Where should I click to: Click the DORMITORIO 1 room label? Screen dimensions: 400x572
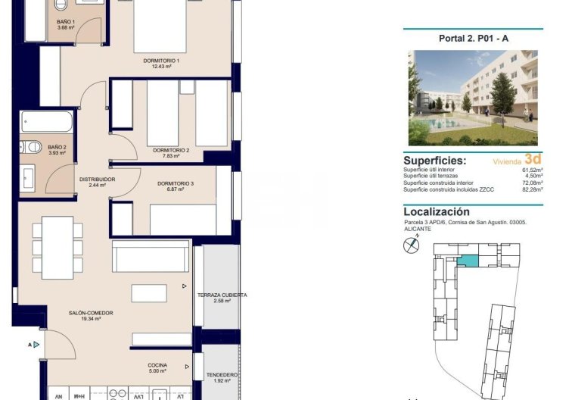(161, 60)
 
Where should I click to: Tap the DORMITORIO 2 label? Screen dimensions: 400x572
(171, 150)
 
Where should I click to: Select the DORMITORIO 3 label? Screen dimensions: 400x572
(176, 183)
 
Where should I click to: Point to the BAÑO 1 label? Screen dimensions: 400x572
(66, 22)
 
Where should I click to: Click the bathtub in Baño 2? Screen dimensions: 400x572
(48, 122)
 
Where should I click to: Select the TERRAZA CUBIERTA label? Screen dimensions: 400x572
(222, 295)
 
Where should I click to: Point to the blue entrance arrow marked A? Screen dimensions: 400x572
(36, 345)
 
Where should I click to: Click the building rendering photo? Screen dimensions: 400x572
(472, 98)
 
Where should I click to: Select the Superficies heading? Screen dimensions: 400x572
(434, 161)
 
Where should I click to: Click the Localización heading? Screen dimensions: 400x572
(437, 212)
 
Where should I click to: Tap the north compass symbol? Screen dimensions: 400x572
(412, 245)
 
